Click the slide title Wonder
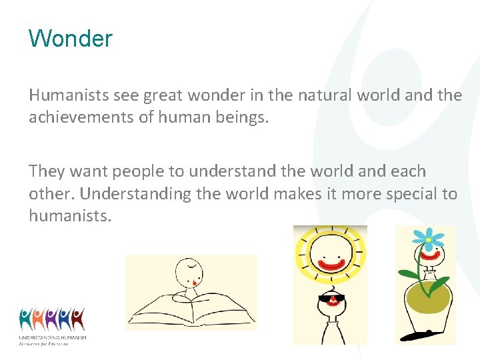(x=71, y=39)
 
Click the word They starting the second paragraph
(x=47, y=171)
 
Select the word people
(x=141, y=171)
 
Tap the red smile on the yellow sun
(x=331, y=264)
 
